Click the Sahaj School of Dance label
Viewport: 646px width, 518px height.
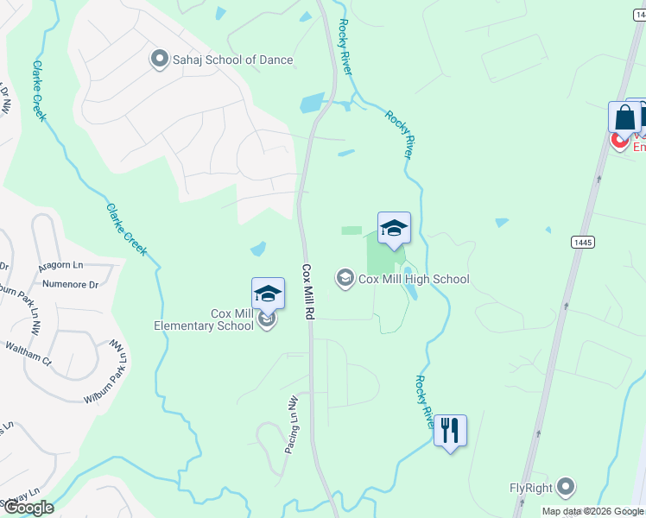click(x=231, y=60)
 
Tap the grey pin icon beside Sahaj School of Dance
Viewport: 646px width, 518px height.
click(x=159, y=60)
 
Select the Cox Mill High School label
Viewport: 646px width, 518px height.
click(x=414, y=279)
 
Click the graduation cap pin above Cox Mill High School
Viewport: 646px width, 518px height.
click(x=394, y=228)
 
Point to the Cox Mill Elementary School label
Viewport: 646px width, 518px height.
click(x=204, y=319)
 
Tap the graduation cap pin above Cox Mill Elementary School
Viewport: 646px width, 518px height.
click(x=268, y=294)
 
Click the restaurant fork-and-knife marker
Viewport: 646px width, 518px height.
click(x=450, y=430)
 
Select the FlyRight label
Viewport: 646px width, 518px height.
click(x=530, y=488)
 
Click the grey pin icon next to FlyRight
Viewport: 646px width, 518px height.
click(x=567, y=487)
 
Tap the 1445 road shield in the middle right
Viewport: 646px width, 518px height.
click(x=582, y=243)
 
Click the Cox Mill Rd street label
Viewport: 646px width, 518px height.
click(x=307, y=293)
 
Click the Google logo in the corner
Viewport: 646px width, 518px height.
click(x=28, y=508)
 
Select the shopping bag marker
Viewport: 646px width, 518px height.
click(x=624, y=117)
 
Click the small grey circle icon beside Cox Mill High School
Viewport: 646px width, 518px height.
click(x=345, y=278)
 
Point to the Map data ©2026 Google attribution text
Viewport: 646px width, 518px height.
click(x=592, y=511)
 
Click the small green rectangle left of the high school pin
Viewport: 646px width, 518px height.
click(x=351, y=231)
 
